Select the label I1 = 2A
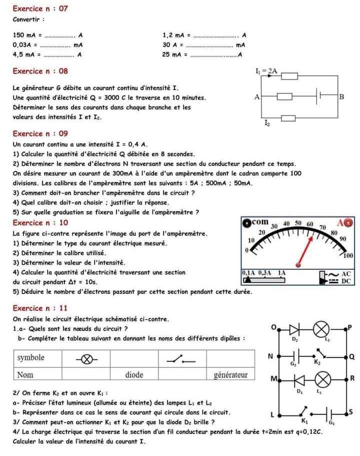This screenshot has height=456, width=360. pyautogui.click(x=266, y=72)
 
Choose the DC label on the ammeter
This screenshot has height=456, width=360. pyautogui.click(x=346, y=281)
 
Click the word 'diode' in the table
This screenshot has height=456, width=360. pyautogui.click(x=134, y=374)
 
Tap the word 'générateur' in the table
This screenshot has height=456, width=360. pyautogui.click(x=230, y=374)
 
